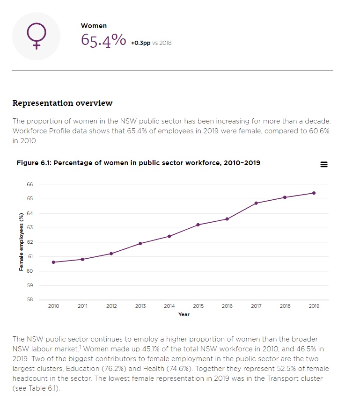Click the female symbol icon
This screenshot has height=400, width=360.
click(36, 36)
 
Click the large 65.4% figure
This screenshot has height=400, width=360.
click(103, 40)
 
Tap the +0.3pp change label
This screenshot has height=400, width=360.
click(141, 43)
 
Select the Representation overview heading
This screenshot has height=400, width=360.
click(62, 103)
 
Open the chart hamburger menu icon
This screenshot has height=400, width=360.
click(323, 164)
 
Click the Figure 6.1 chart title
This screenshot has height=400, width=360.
click(138, 163)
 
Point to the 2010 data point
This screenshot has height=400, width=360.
click(53, 262)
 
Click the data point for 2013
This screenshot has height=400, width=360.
click(140, 243)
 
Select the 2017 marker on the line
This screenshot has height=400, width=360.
click(256, 203)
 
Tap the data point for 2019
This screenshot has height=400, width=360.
click(314, 193)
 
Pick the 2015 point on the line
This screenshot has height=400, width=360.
click(198, 225)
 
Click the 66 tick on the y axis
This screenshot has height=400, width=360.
click(30, 184)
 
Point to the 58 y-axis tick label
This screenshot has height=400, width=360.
click(30, 300)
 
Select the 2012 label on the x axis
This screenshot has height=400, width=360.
click(111, 306)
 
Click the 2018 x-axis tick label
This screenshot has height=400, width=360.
click(285, 306)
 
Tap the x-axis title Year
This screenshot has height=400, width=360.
click(184, 314)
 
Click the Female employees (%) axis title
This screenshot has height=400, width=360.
click(21, 242)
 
